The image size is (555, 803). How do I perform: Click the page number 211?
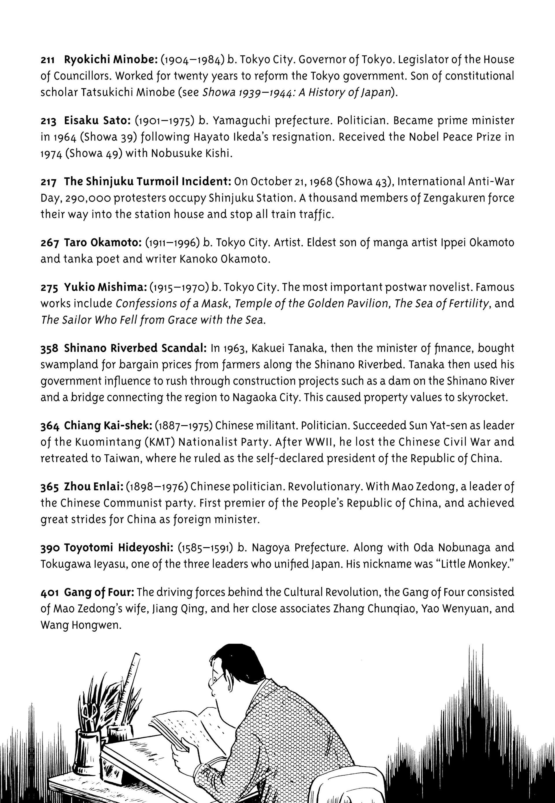[x=48, y=60]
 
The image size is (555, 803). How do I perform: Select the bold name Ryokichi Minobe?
[x=111, y=60]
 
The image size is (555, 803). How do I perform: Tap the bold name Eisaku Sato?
[x=97, y=121]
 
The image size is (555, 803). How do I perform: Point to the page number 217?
[x=48, y=182]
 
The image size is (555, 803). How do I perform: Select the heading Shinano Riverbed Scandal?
[x=135, y=348]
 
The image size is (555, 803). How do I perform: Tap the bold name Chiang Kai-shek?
[x=108, y=426]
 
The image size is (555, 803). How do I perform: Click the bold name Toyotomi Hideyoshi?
[x=119, y=548]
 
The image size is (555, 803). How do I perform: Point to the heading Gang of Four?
[x=99, y=592]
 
